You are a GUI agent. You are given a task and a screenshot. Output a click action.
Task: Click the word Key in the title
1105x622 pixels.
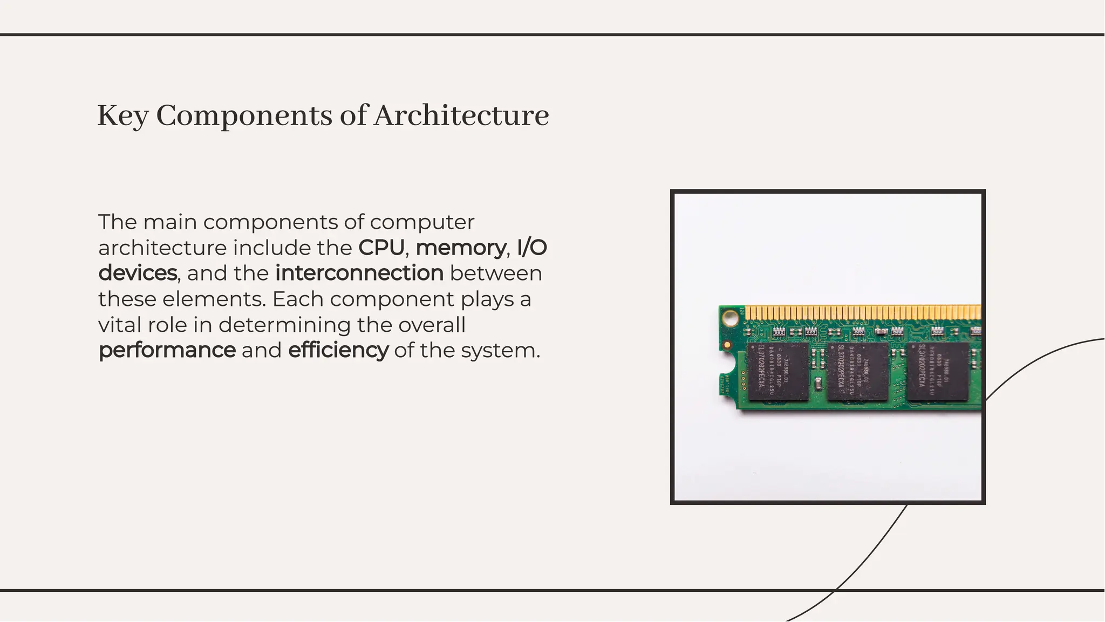point(122,116)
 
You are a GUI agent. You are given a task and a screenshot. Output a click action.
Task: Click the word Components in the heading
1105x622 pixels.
point(244,116)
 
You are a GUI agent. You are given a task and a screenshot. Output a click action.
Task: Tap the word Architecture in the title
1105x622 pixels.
point(461,116)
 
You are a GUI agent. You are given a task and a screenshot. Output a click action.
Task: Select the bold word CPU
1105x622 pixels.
point(381,248)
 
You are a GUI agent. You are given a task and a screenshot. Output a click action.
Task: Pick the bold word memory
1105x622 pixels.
point(460,248)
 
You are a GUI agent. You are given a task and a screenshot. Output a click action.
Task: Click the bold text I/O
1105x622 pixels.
point(531,248)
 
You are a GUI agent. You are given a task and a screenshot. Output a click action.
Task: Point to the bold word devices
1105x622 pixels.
point(138,273)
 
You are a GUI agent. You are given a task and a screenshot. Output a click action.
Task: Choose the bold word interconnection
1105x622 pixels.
point(359,273)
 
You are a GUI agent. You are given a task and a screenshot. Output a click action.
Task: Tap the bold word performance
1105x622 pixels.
point(167,350)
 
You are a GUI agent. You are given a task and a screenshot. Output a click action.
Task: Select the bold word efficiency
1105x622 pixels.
point(338,350)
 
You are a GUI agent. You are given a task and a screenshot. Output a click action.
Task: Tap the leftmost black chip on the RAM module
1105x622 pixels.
point(778,372)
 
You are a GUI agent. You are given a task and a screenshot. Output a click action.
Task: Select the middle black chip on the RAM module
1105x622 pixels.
point(857,372)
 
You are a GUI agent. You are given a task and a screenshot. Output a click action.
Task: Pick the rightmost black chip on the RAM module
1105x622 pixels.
point(938,372)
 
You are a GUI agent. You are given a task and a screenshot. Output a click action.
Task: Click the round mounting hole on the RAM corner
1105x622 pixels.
point(730,318)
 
